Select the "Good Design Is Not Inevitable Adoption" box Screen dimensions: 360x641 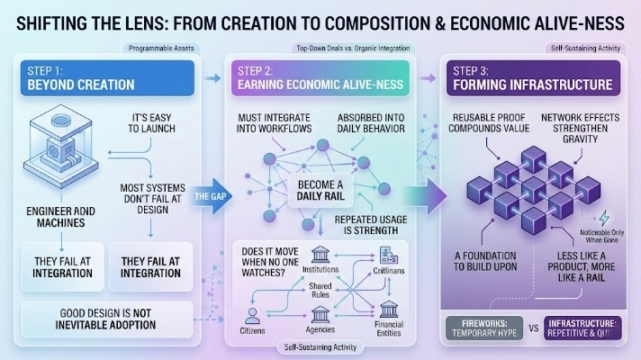106,316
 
